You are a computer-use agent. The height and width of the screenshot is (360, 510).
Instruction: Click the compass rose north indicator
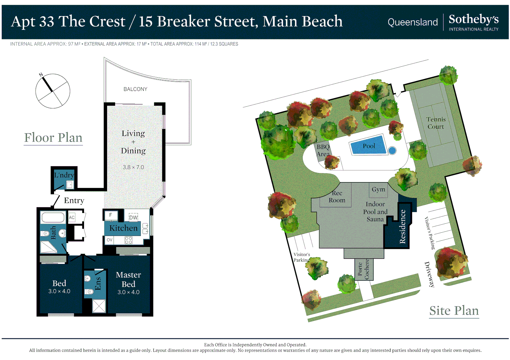coord(46,83)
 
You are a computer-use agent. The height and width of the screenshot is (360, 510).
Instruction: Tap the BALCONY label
coord(135,89)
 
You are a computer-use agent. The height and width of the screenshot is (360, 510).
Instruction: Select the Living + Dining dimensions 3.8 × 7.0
coord(133,167)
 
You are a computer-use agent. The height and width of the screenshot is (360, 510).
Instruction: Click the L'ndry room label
coord(64,175)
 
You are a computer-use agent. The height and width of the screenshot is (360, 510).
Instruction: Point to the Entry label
coord(74,200)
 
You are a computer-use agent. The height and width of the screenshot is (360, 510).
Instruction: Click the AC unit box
coord(72,217)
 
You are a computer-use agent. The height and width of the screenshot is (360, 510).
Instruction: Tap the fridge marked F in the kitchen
coord(111,215)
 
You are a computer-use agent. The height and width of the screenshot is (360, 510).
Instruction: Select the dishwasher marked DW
coord(133,217)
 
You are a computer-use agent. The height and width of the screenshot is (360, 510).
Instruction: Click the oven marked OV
coord(109,240)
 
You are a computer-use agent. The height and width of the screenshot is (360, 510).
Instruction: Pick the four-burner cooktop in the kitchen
coord(129,240)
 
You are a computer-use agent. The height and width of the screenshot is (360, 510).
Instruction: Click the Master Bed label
coord(128,279)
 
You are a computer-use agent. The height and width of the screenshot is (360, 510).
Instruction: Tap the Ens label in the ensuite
coord(98,284)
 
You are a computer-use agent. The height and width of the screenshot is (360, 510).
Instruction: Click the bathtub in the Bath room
coord(53,217)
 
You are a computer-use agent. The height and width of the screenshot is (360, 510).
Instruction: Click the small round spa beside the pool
coord(392,150)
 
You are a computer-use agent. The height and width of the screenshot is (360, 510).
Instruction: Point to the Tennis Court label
coord(436,123)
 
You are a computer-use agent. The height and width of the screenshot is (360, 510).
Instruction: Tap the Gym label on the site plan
coord(378,189)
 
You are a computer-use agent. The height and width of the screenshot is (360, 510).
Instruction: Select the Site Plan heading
coord(454,311)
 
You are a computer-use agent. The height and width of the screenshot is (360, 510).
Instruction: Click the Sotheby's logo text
coord(474,19)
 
